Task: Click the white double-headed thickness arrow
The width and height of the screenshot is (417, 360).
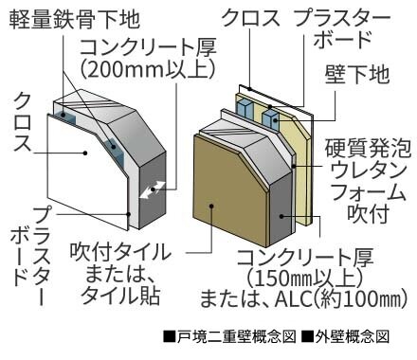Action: [x=147, y=190]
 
